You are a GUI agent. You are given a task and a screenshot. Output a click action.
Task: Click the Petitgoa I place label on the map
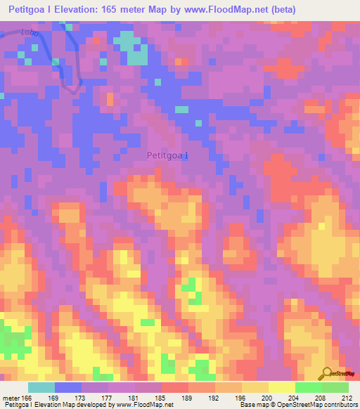pos(167,155)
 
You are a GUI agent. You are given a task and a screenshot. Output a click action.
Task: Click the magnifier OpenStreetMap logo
pos(328,373)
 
